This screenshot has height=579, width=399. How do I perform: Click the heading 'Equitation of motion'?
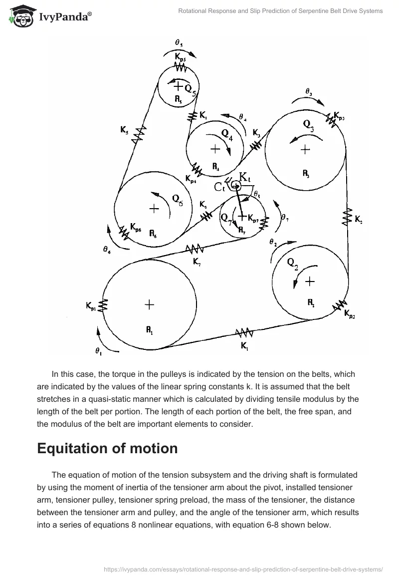click(x=107, y=448)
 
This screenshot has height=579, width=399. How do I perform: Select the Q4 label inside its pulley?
click(x=227, y=135)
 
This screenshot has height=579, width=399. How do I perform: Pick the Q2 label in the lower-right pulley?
click(x=292, y=265)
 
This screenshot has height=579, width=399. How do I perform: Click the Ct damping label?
click(x=220, y=187)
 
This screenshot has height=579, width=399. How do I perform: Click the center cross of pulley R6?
click(x=154, y=209)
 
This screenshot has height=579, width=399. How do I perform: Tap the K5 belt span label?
click(x=124, y=131)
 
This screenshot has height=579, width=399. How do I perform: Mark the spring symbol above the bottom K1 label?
click(x=244, y=332)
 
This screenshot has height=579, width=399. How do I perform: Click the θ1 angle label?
click(x=98, y=351)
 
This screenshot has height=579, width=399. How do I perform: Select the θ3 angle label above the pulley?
click(x=309, y=92)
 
